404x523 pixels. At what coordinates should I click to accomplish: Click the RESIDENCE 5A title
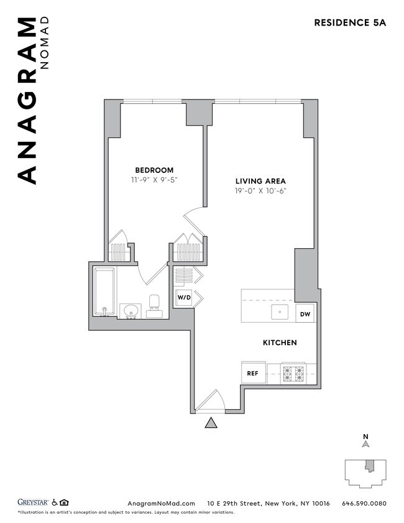(350, 23)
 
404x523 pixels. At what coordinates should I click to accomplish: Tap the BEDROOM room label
(154, 170)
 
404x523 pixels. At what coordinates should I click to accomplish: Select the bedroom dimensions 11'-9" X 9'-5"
(154, 180)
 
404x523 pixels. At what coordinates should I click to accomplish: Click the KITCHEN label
(279, 343)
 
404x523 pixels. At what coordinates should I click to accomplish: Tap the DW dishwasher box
(305, 314)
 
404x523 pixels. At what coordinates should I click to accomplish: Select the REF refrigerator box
(252, 374)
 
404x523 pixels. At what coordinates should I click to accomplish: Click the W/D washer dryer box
(184, 299)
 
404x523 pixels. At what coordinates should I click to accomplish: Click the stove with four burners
(293, 374)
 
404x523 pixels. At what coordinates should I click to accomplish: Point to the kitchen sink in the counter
(280, 312)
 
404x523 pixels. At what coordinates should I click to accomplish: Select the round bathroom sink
(131, 310)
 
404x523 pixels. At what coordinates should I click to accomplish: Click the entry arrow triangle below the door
(211, 423)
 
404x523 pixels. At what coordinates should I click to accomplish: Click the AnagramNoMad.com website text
(161, 503)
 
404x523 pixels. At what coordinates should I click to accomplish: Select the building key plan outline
(365, 473)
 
